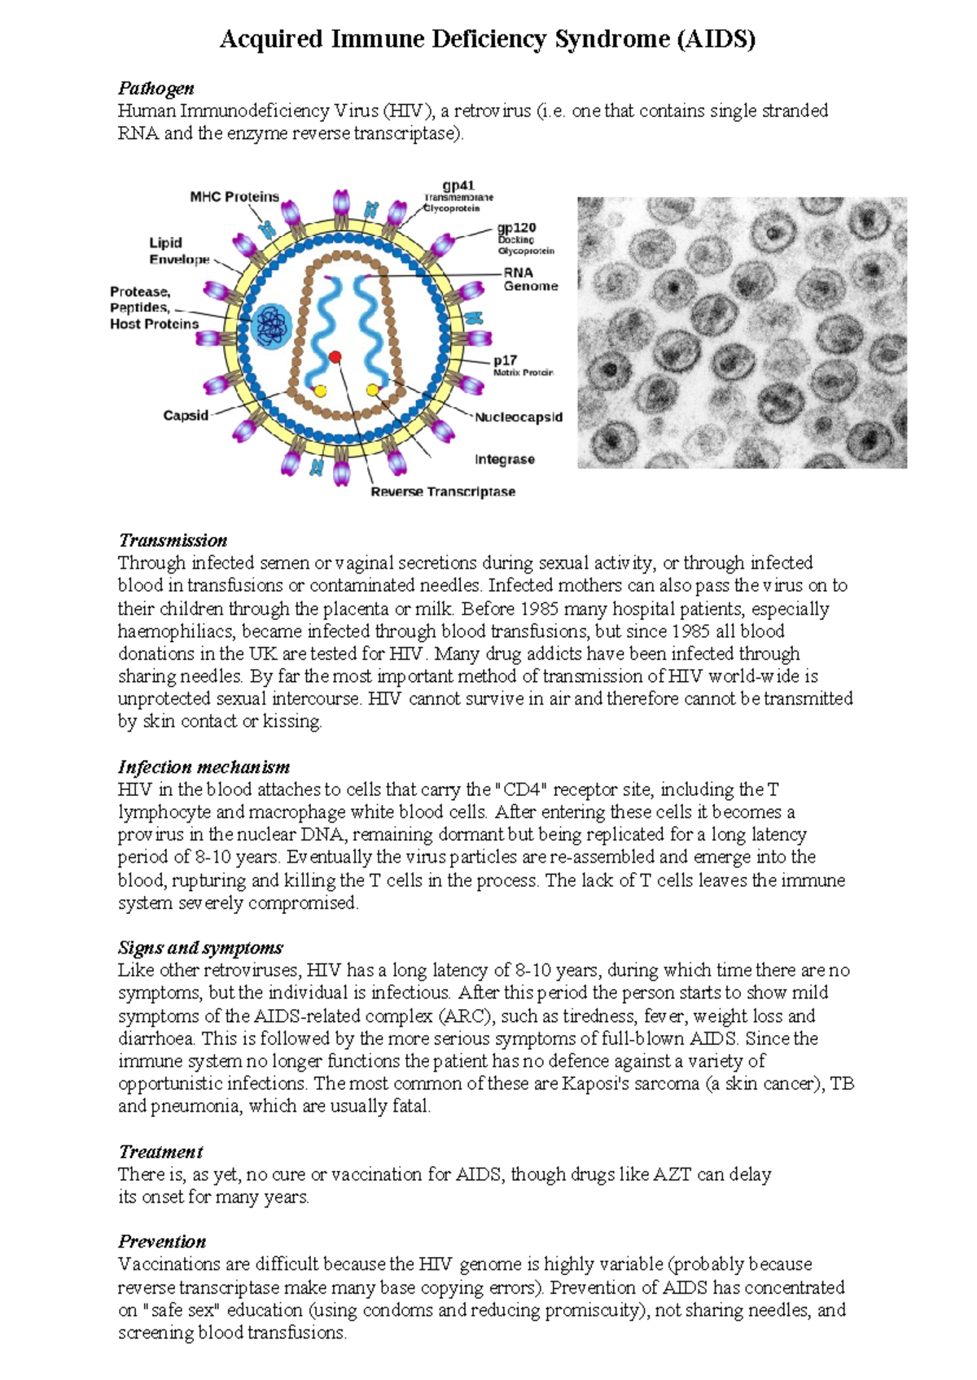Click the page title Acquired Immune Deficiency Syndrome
coord(487,39)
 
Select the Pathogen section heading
coord(156,88)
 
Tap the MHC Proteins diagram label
coord(234,197)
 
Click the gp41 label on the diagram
coord(458,186)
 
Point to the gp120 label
coord(517,229)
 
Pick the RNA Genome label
coord(530,279)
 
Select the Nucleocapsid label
coord(519,417)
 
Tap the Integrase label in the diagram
coord(505,460)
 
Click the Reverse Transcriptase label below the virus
coord(443,491)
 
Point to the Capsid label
coord(186,416)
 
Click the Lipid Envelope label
coord(178,251)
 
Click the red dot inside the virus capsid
coord(335,357)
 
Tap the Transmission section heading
coord(173,540)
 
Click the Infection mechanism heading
coord(204,766)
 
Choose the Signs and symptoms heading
coord(200,947)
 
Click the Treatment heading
coord(160,1151)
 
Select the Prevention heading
coord(162,1241)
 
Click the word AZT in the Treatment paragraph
coord(673,1174)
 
